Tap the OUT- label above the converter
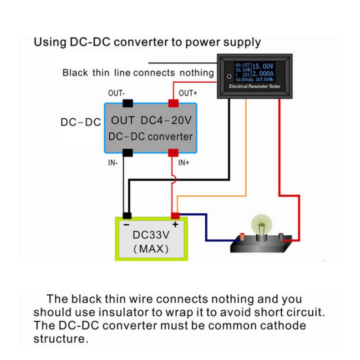click(x=117, y=93)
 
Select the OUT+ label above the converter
click(x=188, y=93)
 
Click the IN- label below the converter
click(x=113, y=163)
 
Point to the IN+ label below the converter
click(x=184, y=162)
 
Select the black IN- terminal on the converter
click(x=128, y=153)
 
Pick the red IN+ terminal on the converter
click(x=173, y=153)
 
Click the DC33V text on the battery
click(x=150, y=235)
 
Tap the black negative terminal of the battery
click(x=128, y=216)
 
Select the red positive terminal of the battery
click(x=175, y=216)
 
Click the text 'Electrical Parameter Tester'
click(x=254, y=86)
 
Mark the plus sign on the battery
click(x=175, y=224)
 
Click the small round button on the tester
click(x=229, y=76)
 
